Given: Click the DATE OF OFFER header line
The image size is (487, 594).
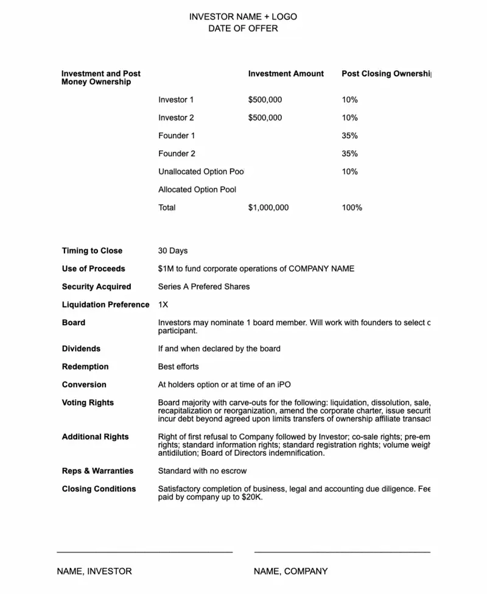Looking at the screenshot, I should click(x=243, y=28).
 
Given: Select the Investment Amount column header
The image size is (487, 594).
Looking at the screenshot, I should click(x=286, y=74).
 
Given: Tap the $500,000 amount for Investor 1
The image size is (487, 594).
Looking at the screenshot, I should click(x=265, y=100).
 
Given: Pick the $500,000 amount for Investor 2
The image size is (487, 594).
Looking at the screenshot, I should click(x=265, y=118).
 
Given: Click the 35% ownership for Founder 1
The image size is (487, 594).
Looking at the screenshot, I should click(x=349, y=136).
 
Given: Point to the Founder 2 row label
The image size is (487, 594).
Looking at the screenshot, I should click(x=177, y=154).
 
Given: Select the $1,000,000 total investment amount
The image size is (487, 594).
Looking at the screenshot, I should click(x=268, y=208).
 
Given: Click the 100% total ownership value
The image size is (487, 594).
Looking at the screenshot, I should click(x=352, y=208).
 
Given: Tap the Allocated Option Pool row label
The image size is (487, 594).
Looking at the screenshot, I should click(x=197, y=189).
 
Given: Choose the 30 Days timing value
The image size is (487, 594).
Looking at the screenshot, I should click(x=173, y=251).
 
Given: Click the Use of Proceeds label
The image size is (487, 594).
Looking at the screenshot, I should click(x=93, y=269).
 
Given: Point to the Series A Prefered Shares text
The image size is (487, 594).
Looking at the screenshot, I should click(x=204, y=287).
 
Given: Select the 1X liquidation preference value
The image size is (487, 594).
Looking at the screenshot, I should click(x=163, y=305).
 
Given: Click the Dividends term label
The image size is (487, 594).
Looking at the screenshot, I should click(x=81, y=349).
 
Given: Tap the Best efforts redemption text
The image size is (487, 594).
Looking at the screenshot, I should click(x=178, y=367).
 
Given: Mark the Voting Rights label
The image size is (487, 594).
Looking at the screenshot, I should click(x=87, y=403).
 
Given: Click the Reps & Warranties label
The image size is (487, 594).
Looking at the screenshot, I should click(x=97, y=471).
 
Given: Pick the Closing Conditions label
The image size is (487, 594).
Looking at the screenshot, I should click(x=99, y=489).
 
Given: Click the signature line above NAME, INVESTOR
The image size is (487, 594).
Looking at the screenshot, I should click(x=144, y=552).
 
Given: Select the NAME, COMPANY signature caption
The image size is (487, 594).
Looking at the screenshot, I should click(x=290, y=571).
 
